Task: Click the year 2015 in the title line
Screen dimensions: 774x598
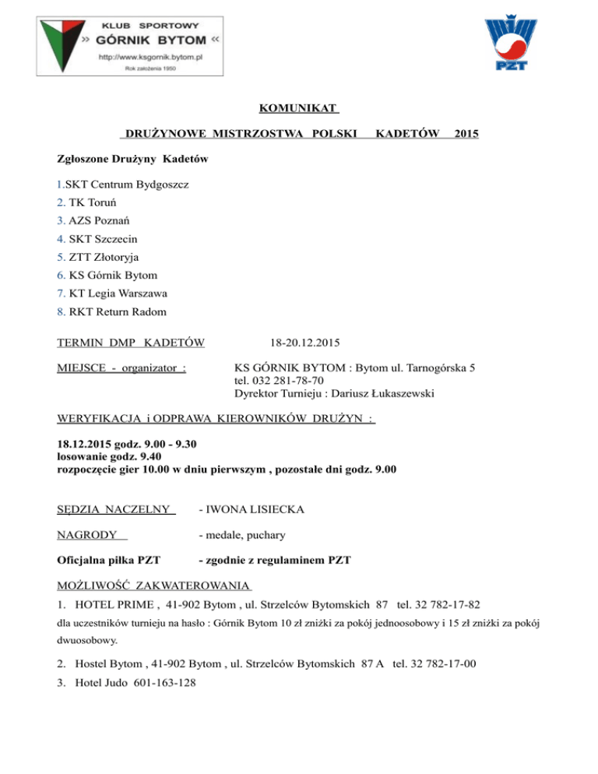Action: tap(466, 135)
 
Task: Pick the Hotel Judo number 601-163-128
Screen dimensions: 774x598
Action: tap(171, 682)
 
